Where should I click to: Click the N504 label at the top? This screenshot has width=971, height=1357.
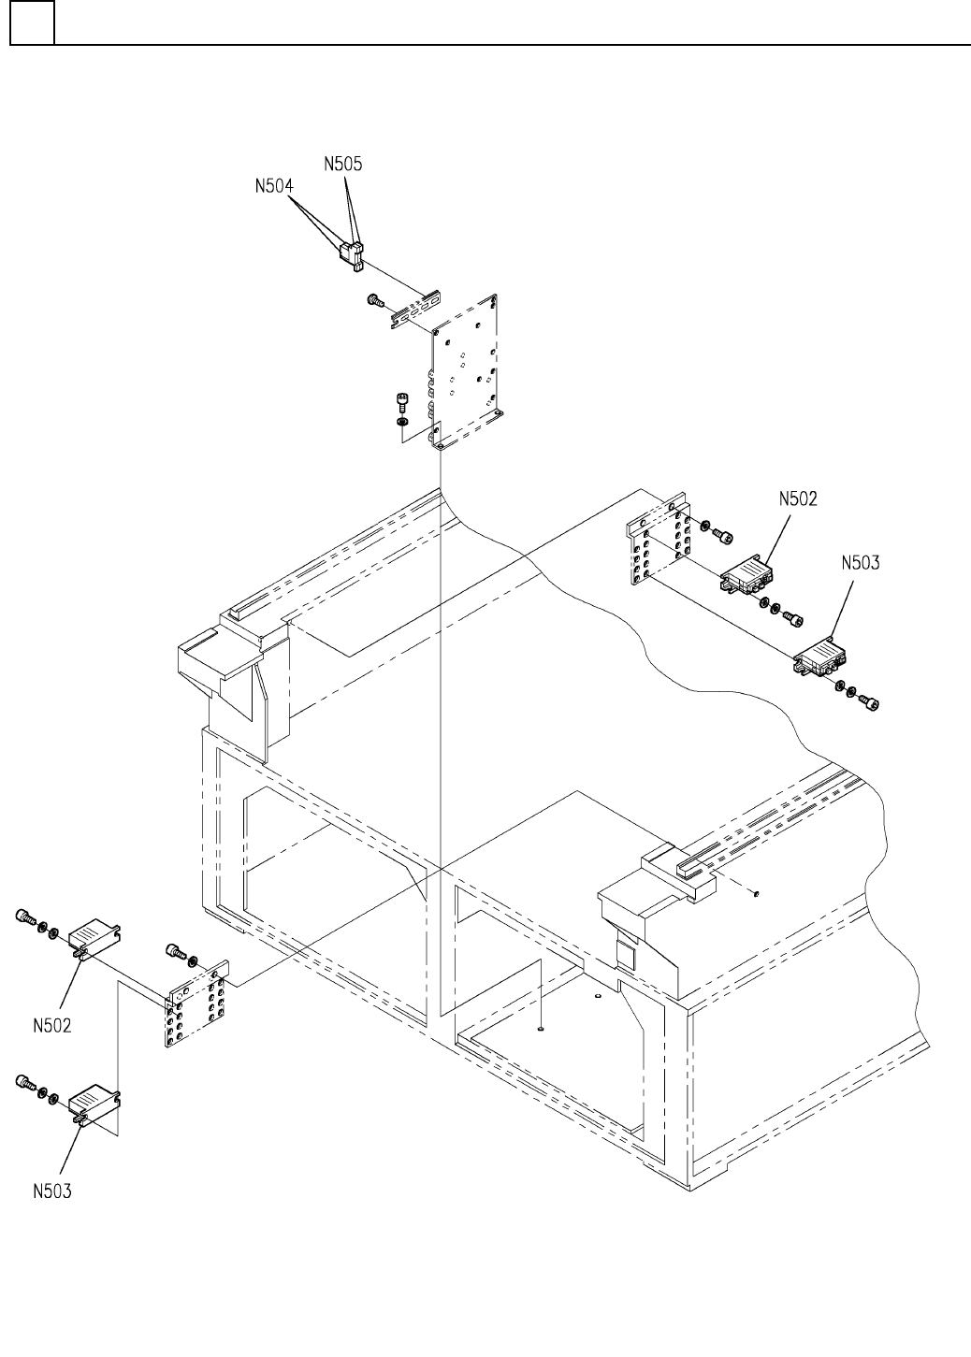pos(274,186)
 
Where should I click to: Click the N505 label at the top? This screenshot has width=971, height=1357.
pos(343,164)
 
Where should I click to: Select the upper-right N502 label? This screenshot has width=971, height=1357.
pos(798,499)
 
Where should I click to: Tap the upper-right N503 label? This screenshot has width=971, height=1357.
pos(860,563)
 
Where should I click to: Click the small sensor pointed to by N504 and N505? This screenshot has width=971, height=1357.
pos(351,253)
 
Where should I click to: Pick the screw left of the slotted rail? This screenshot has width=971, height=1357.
pos(375,301)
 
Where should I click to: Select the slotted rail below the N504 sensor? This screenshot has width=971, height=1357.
pos(414,310)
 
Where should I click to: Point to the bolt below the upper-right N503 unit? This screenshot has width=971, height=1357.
pos(872,700)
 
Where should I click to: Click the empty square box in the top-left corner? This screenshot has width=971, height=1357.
pos(32,22)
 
